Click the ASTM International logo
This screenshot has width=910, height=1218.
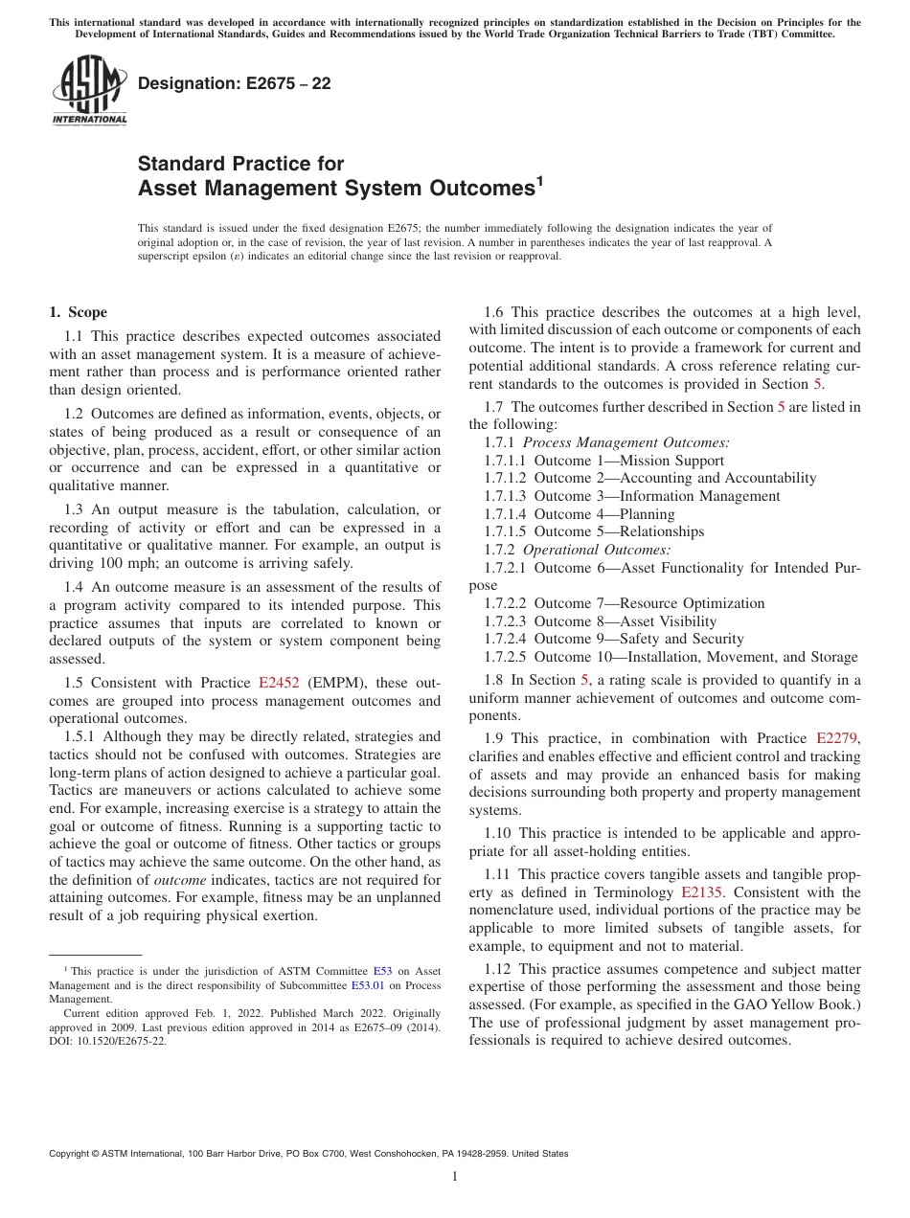(x=89, y=90)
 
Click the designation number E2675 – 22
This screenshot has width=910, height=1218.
(x=235, y=83)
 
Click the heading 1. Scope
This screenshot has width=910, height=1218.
(x=78, y=312)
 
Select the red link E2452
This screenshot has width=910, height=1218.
(x=279, y=683)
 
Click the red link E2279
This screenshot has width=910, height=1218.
(x=838, y=738)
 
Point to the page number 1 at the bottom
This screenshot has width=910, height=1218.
(x=455, y=1177)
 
